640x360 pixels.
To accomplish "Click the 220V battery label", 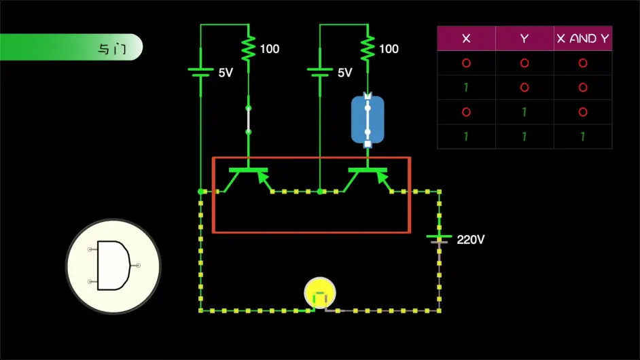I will pyautogui.click(x=471, y=240).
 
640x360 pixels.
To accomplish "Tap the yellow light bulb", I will pyautogui.click(x=319, y=293).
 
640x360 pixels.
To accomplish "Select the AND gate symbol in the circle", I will pyautogui.click(x=113, y=266).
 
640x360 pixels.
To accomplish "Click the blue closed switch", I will pyautogui.click(x=368, y=120).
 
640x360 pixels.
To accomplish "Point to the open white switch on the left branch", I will pyautogui.click(x=248, y=120).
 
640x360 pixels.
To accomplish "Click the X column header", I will pyautogui.click(x=466, y=39).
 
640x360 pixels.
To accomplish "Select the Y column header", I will pyautogui.click(x=525, y=39).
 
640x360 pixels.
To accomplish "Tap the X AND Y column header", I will pyautogui.click(x=583, y=39).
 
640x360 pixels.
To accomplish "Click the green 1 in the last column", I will pyautogui.click(x=583, y=137).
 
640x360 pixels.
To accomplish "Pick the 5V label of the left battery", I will pyautogui.click(x=226, y=73).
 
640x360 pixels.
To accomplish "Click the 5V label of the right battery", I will pyautogui.click(x=345, y=73).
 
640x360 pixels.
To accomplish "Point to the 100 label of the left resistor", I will pyautogui.click(x=270, y=49).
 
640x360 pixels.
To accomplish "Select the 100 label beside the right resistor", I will pyautogui.click(x=389, y=49).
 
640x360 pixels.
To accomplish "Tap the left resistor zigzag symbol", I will pyautogui.click(x=248, y=48).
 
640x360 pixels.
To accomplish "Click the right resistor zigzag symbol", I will pyautogui.click(x=368, y=48).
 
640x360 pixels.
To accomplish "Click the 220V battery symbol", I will pyautogui.click(x=440, y=238).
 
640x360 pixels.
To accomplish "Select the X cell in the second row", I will pyautogui.click(x=466, y=88).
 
